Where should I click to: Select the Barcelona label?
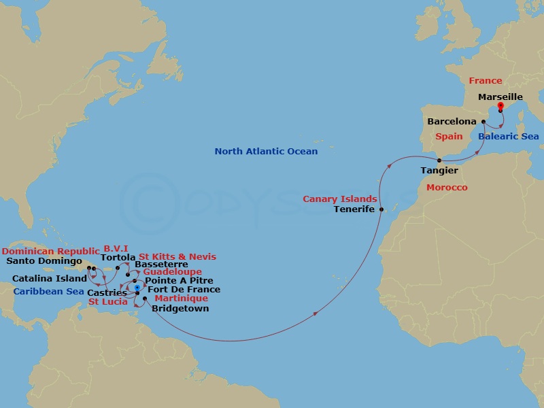452,122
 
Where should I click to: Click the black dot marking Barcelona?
483,122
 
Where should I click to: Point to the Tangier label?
439,171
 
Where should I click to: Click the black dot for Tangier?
439,160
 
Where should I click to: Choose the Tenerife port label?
354,209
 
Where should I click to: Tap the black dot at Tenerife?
381,209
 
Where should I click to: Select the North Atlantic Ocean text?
266,152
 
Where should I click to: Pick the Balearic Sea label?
508,137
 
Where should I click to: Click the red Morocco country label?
447,188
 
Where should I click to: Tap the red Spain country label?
449,137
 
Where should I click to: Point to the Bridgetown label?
180,309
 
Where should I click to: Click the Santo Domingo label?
44,260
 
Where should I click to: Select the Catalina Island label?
50,278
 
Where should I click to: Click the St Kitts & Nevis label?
177,257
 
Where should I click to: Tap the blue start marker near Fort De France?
137,288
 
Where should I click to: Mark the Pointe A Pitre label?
179,280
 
